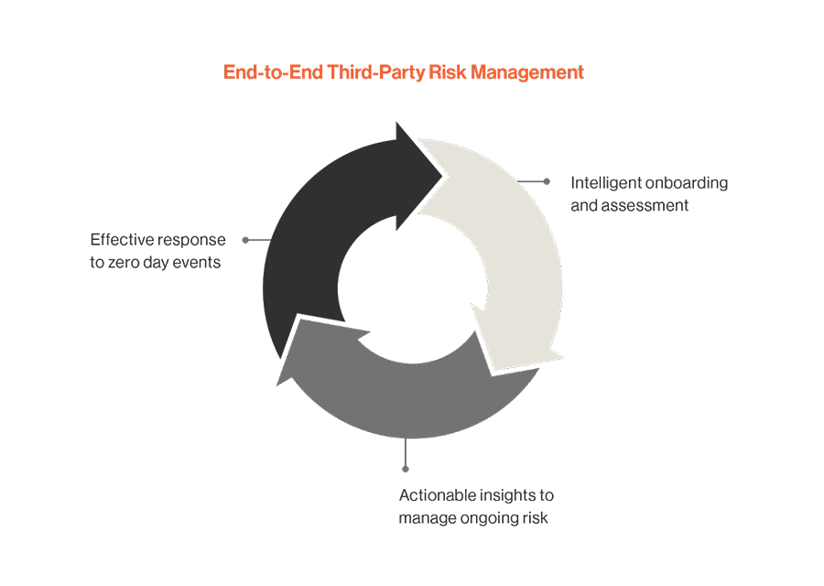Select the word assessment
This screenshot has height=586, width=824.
coord(644,205)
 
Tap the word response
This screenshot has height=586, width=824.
coord(194,240)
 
